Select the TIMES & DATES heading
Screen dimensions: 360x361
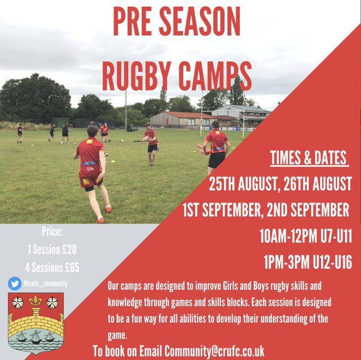(308, 159)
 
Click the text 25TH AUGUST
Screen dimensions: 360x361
(244, 185)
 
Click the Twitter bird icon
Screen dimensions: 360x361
(14, 284)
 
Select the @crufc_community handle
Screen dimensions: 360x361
(45, 284)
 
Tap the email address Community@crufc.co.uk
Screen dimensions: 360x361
(214, 351)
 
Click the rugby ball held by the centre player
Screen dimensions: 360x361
(147, 139)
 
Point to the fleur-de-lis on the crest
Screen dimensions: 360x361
(36, 302)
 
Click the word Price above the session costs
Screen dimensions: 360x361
(52, 231)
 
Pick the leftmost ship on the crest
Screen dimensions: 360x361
(20, 336)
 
